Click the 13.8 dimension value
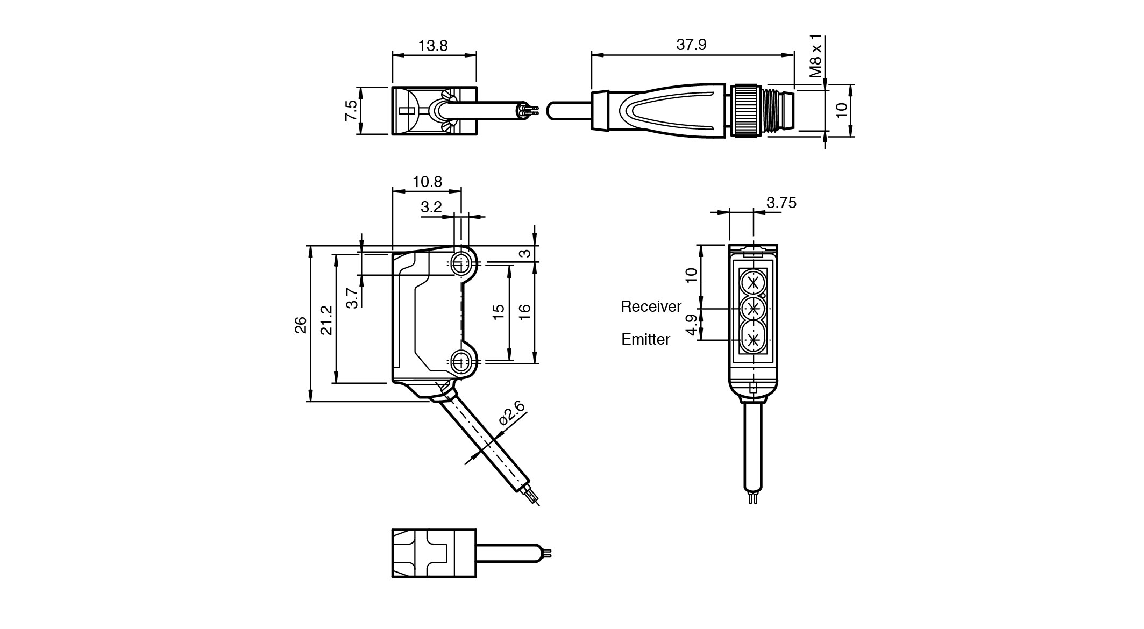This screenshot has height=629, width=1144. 433,46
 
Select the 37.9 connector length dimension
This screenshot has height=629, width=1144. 691,45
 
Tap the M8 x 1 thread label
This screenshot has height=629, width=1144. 816,56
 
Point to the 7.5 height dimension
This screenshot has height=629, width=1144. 351,110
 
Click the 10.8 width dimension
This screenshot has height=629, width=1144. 427,182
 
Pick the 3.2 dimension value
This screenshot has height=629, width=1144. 430,207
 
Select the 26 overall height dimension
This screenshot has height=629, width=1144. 301,325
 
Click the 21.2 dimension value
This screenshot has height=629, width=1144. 326,320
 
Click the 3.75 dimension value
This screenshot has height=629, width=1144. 781,203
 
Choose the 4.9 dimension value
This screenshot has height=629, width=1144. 692,325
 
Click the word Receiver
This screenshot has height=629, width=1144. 651,306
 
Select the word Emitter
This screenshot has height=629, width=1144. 645,339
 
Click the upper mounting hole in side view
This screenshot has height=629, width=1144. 459,263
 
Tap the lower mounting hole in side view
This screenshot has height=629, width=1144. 459,361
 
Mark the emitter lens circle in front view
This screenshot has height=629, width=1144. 753,339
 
